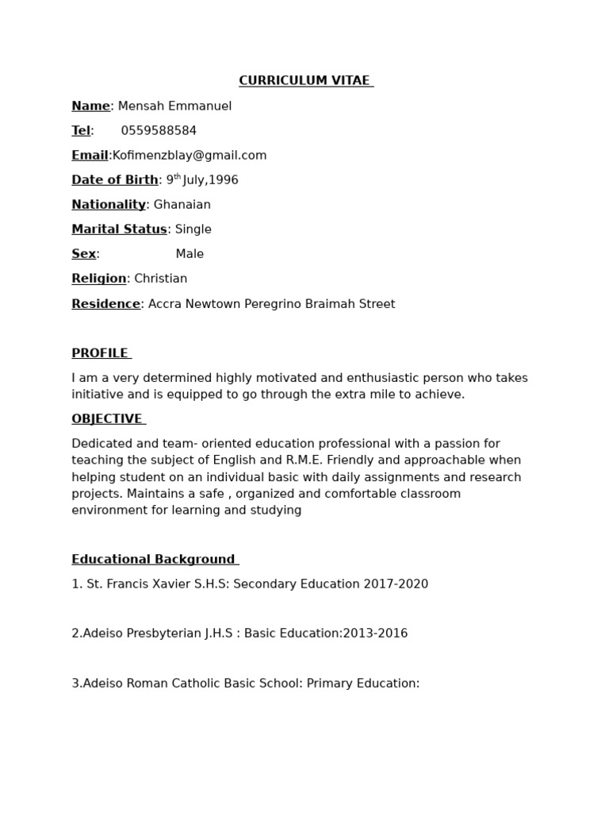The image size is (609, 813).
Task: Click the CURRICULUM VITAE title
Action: (x=305, y=81)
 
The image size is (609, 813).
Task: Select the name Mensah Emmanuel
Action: (x=174, y=106)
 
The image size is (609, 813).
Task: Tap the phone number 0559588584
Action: (x=159, y=131)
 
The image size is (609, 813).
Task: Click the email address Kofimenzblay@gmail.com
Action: (x=190, y=156)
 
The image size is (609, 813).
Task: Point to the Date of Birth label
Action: (x=115, y=180)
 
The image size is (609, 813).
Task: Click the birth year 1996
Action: (x=224, y=180)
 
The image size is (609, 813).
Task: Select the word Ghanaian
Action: (x=182, y=205)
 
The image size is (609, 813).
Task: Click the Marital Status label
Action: (x=119, y=229)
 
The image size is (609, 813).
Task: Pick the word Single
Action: (x=193, y=229)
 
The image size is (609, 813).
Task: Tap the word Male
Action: (x=190, y=254)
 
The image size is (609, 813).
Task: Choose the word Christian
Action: (x=161, y=279)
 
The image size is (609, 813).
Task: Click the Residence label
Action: (x=105, y=304)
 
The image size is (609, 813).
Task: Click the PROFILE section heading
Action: (x=100, y=353)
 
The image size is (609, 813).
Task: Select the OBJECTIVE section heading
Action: (x=107, y=419)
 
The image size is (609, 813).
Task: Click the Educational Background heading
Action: (x=154, y=560)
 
